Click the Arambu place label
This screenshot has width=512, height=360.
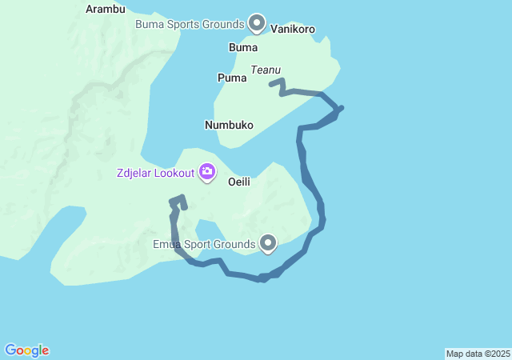[106, 10]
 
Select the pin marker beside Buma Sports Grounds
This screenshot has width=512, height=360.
[257, 23]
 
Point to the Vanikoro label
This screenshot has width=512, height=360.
[293, 29]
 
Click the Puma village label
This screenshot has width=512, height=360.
[232, 78]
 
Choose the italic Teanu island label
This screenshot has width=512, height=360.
[266, 70]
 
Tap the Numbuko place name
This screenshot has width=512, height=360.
[229, 126]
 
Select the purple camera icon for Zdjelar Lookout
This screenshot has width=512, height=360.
[207, 171]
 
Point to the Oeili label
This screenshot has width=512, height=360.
[239, 182]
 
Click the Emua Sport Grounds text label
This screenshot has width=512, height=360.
[204, 243]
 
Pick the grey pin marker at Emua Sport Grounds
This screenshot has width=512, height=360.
[268, 242]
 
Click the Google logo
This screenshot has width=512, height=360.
[26, 350]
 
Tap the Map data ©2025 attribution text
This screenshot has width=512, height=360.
[478, 354]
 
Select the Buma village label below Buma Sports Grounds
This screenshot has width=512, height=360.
[243, 47]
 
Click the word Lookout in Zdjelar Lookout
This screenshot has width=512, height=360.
[174, 173]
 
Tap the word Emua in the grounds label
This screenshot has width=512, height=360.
[166, 243]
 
